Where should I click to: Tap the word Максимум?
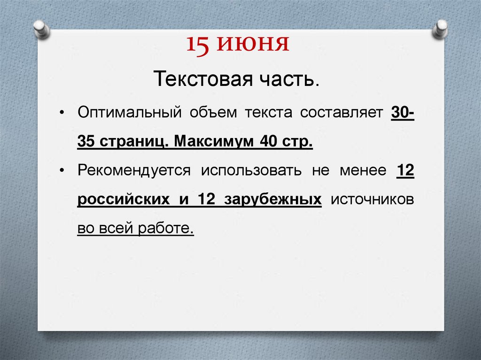214,141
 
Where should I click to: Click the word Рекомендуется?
134,170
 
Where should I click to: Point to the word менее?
362,170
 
